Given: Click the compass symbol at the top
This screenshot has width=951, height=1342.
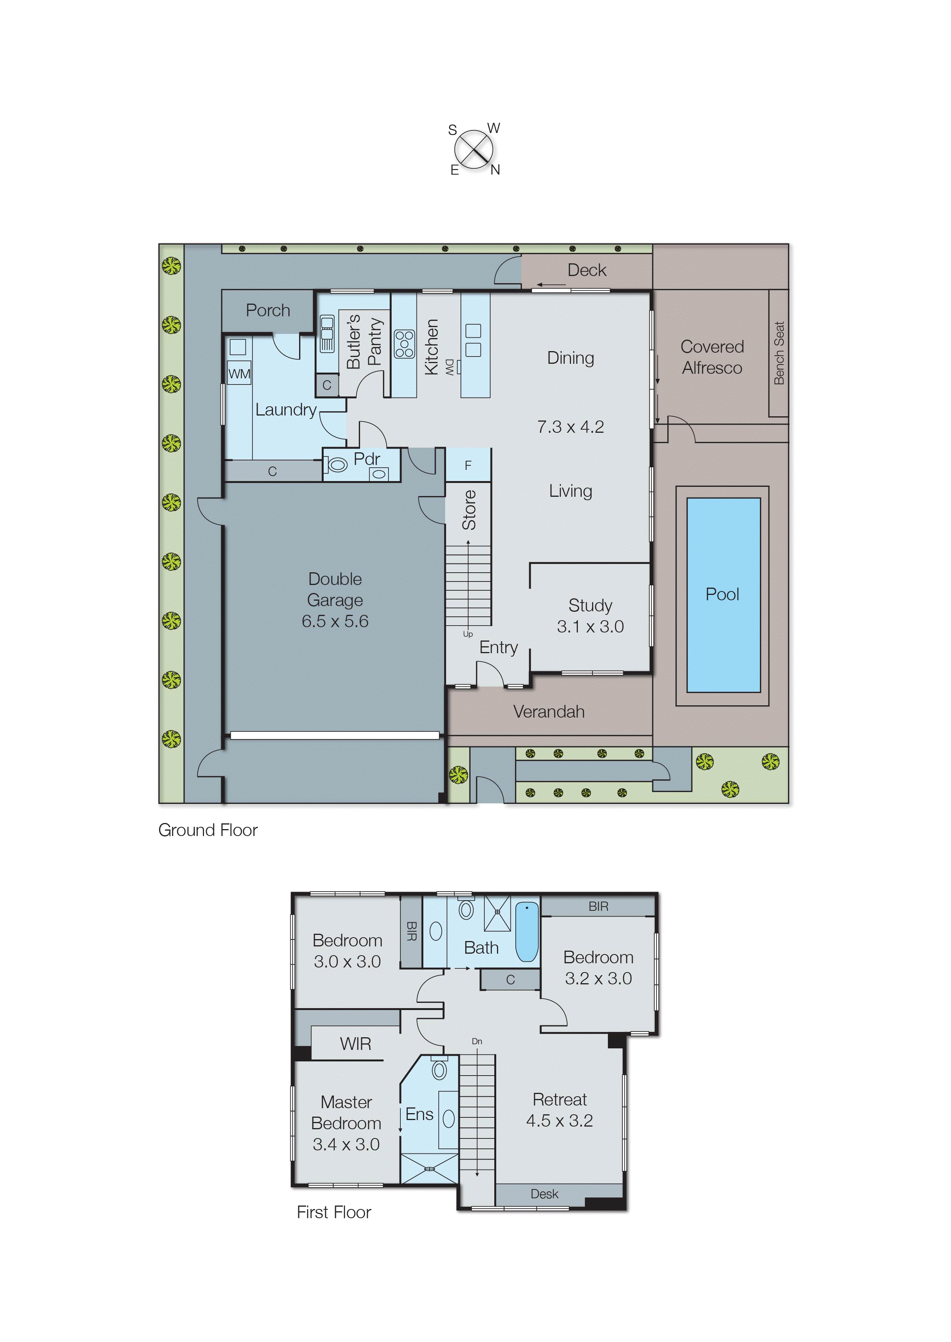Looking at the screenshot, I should pos(473,149).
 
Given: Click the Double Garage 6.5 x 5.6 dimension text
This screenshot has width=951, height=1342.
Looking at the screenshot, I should pos(335,621).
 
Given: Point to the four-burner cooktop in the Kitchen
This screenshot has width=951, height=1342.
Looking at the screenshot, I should pos(404,344).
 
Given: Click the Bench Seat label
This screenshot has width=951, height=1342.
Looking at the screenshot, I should pos(779,353).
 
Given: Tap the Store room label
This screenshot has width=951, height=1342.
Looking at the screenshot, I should pos(469,510).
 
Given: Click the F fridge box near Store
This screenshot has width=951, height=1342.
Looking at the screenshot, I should pos(468,465).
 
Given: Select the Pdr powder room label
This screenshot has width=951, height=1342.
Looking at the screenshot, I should pos(367,459).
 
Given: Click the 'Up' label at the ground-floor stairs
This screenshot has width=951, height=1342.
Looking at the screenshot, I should pos(468,634).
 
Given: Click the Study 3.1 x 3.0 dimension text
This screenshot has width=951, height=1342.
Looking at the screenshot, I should pos(590,626).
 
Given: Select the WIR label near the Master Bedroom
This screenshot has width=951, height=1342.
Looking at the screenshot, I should pos(355,1043).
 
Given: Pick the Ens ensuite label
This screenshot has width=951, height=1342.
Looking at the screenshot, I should pos(419,1114).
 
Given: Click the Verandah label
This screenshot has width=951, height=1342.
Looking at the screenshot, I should pos(549,712).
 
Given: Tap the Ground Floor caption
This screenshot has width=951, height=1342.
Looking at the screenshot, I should pos(208,830).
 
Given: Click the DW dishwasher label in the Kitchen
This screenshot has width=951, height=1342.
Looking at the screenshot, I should pos(449,367).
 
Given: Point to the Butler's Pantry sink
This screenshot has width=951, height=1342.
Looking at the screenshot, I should pos(327,333).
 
